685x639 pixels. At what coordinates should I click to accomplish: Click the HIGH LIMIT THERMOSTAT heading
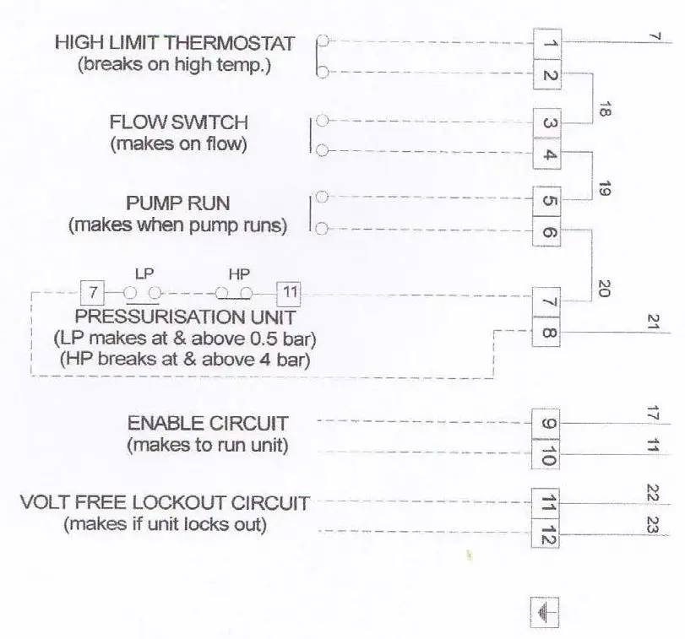click(175, 42)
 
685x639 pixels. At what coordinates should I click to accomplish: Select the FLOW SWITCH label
click(179, 122)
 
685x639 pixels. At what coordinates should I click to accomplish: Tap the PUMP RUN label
click(178, 203)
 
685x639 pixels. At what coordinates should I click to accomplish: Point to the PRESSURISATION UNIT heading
click(185, 317)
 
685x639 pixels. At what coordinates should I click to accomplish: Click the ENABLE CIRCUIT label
click(208, 423)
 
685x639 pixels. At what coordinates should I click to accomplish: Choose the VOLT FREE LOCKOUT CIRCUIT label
click(165, 503)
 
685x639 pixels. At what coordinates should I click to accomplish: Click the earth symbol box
click(545, 612)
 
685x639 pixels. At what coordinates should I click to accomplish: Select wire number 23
click(652, 525)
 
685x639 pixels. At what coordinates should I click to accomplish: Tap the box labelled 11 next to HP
click(288, 294)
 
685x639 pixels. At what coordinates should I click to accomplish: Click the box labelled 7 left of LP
click(93, 294)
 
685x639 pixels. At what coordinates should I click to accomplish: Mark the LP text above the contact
click(144, 274)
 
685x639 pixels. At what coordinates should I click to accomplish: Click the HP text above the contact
click(237, 274)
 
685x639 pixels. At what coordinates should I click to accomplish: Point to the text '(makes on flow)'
click(179, 144)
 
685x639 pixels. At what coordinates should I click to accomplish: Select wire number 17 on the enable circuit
click(652, 414)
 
